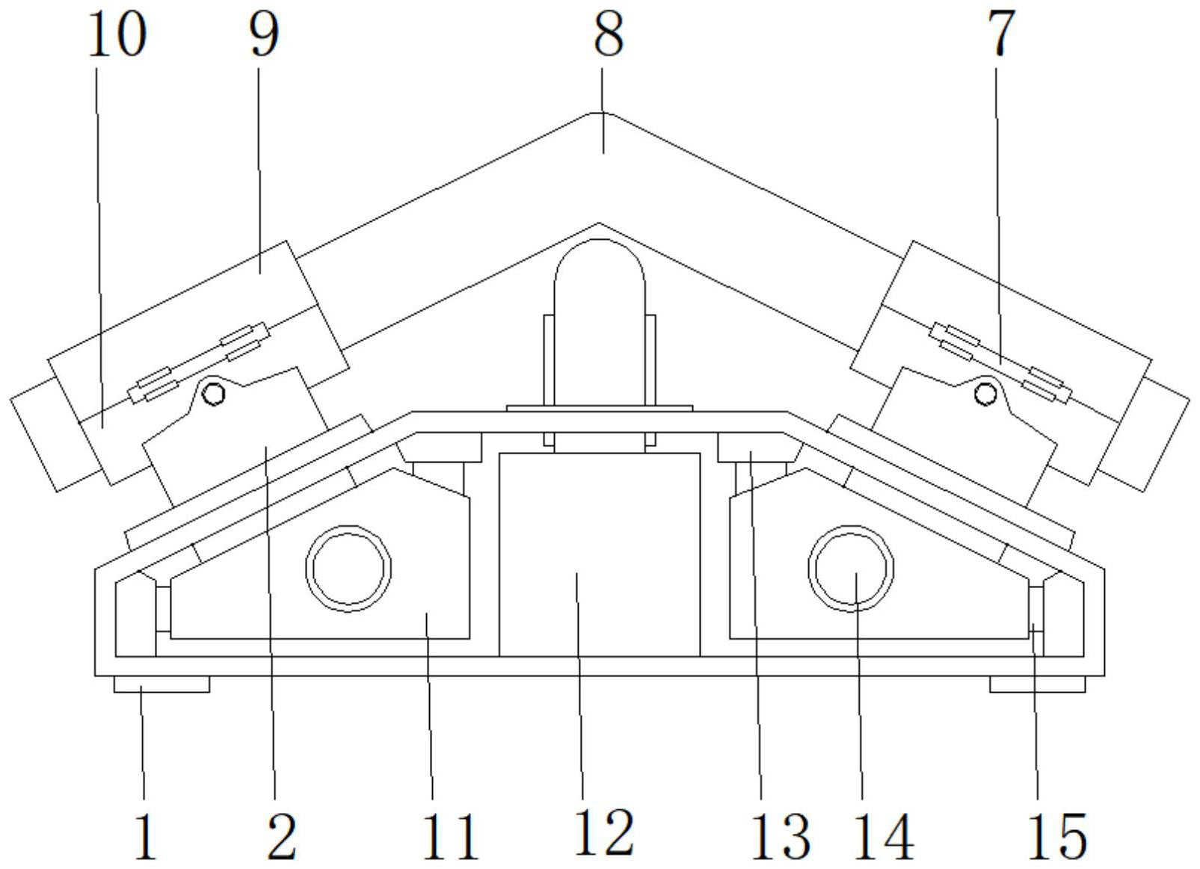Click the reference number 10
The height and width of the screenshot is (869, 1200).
coord(117,35)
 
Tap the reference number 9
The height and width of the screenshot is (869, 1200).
coord(263,35)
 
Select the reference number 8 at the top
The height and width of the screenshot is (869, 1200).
coord(608,34)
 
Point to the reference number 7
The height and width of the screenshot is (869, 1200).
coord(1002,34)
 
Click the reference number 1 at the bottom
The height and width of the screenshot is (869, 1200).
coord(146,835)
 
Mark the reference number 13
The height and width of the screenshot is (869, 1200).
coord(782,835)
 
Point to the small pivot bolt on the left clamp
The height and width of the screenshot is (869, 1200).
coord(215,394)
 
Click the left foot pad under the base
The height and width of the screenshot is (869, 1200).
coord(161,684)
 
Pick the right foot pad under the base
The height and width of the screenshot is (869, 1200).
coord(1037,684)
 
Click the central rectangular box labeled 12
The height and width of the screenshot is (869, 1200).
coord(599,553)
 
